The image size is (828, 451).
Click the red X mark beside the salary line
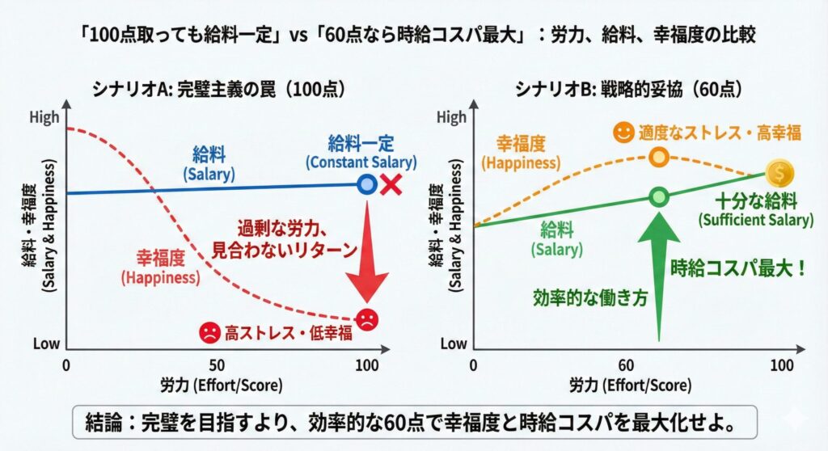click(x=391, y=184)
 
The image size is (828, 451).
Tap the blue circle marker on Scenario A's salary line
click(x=367, y=184)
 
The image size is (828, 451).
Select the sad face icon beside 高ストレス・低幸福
click(x=210, y=331)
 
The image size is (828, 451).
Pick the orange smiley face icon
click(x=623, y=133)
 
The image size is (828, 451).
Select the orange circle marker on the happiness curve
click(x=659, y=156)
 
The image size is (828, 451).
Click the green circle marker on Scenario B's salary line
click(x=659, y=196)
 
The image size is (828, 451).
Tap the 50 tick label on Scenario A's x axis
click(x=217, y=365)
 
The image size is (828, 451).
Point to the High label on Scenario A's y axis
click(x=44, y=118)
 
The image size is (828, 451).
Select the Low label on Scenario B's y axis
click(x=454, y=344)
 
